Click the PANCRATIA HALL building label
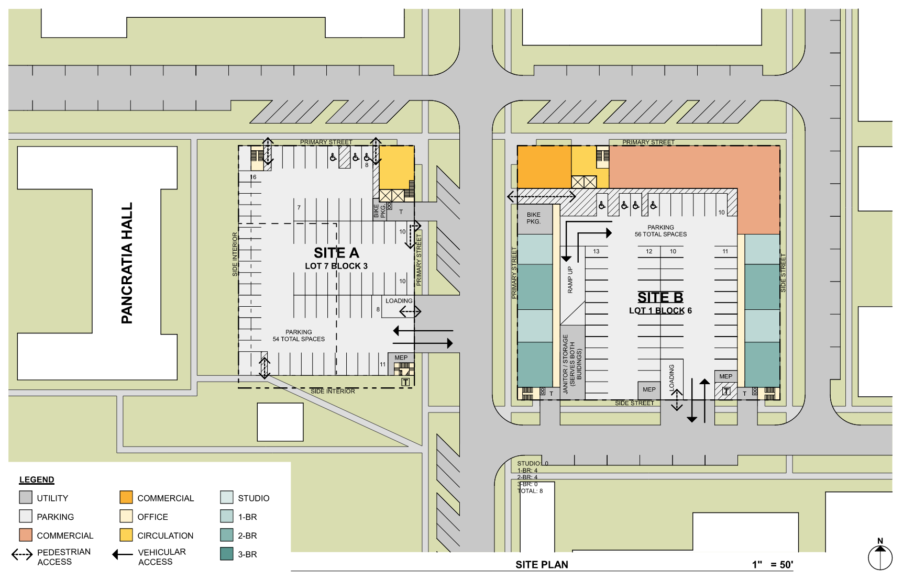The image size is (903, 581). click(127, 263)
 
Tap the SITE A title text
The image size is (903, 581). click(336, 253)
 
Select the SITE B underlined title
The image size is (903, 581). click(660, 297)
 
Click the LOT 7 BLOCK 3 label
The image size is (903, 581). click(336, 266)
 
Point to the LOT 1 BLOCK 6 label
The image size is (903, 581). click(660, 310)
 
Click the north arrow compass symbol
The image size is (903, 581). click(880, 556)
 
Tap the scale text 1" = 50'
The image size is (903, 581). click(772, 564)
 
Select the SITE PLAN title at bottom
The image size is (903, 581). click(542, 564)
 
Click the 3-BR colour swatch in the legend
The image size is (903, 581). click(227, 554)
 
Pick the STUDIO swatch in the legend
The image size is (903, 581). click(227, 497)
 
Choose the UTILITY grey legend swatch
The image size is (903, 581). click(26, 497)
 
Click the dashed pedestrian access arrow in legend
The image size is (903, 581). click(22, 555)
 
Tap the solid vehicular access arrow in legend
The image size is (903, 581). click(123, 555)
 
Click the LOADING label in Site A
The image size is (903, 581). click(399, 301)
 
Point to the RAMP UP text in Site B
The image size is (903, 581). click(570, 280)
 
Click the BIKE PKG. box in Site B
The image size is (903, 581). click(534, 218)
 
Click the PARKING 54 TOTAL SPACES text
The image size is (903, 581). click(299, 336)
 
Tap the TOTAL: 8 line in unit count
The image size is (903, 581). click(530, 491)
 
